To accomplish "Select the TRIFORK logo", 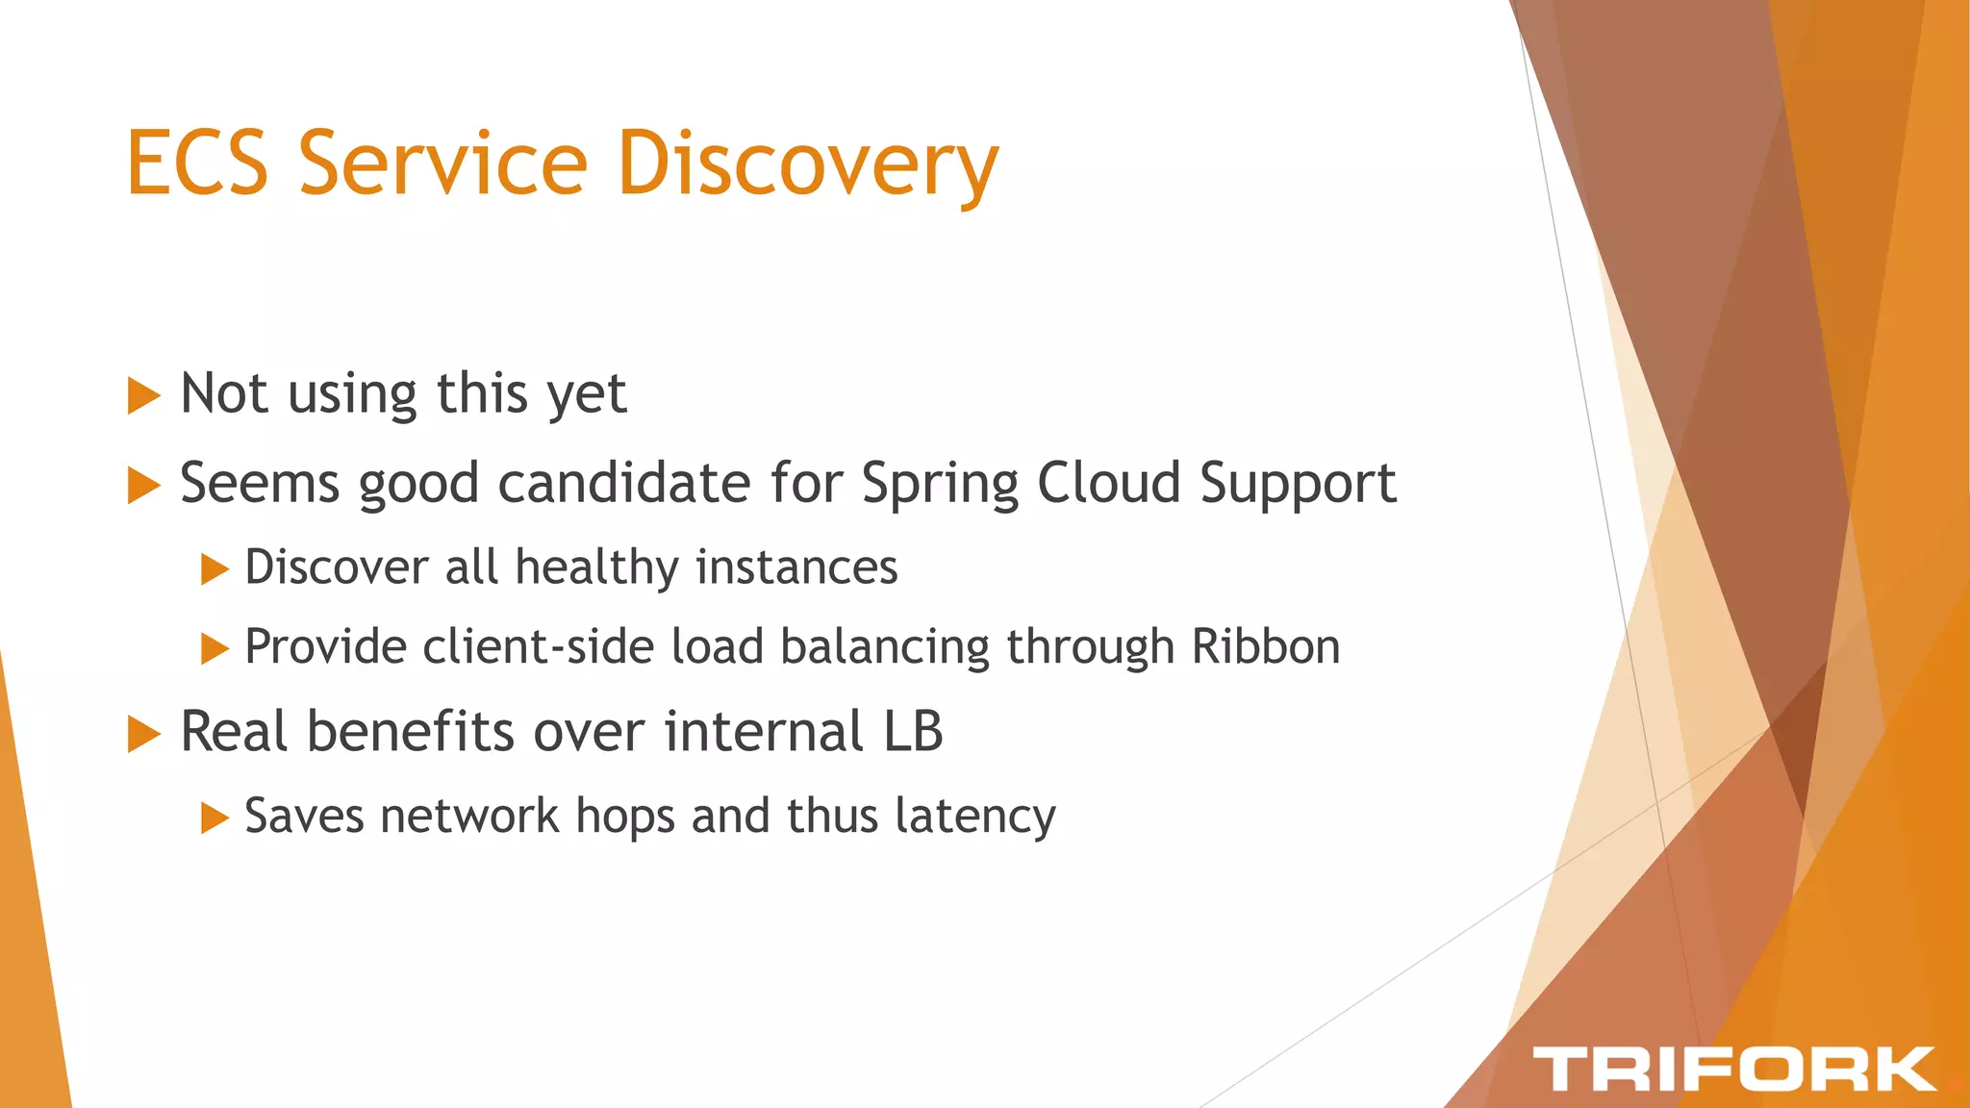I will [1733, 1069].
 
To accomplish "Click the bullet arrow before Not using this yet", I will [143, 395].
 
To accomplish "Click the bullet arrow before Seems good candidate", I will [143, 485].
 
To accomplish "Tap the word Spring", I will [939, 485].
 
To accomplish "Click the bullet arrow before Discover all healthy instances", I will [214, 568].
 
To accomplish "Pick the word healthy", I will [596, 567].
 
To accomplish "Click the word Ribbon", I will [1265, 646].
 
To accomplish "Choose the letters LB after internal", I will [913, 732].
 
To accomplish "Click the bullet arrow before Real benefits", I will [143, 735].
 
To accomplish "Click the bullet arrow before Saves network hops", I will [214, 818].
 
